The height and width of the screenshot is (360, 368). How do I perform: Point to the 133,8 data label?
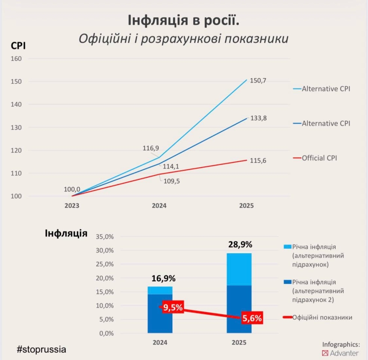click(x=258, y=118)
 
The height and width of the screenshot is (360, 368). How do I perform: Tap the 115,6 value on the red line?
click(x=258, y=160)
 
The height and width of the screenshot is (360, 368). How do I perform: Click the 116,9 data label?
click(x=151, y=148)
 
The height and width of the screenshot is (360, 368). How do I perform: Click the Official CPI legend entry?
click(x=319, y=158)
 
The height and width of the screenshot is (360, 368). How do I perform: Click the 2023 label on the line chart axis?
click(x=72, y=206)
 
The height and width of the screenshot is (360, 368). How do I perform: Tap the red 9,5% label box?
click(x=173, y=308)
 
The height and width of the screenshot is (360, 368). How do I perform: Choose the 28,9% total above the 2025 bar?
click(x=240, y=244)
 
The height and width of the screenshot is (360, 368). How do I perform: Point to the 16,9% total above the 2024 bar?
click(x=164, y=279)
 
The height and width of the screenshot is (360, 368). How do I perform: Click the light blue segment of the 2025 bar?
click(x=239, y=269)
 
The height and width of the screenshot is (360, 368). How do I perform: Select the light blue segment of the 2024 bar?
click(x=160, y=290)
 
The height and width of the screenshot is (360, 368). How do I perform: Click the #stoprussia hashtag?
click(x=42, y=349)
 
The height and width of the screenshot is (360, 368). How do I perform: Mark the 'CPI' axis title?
click(x=18, y=46)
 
